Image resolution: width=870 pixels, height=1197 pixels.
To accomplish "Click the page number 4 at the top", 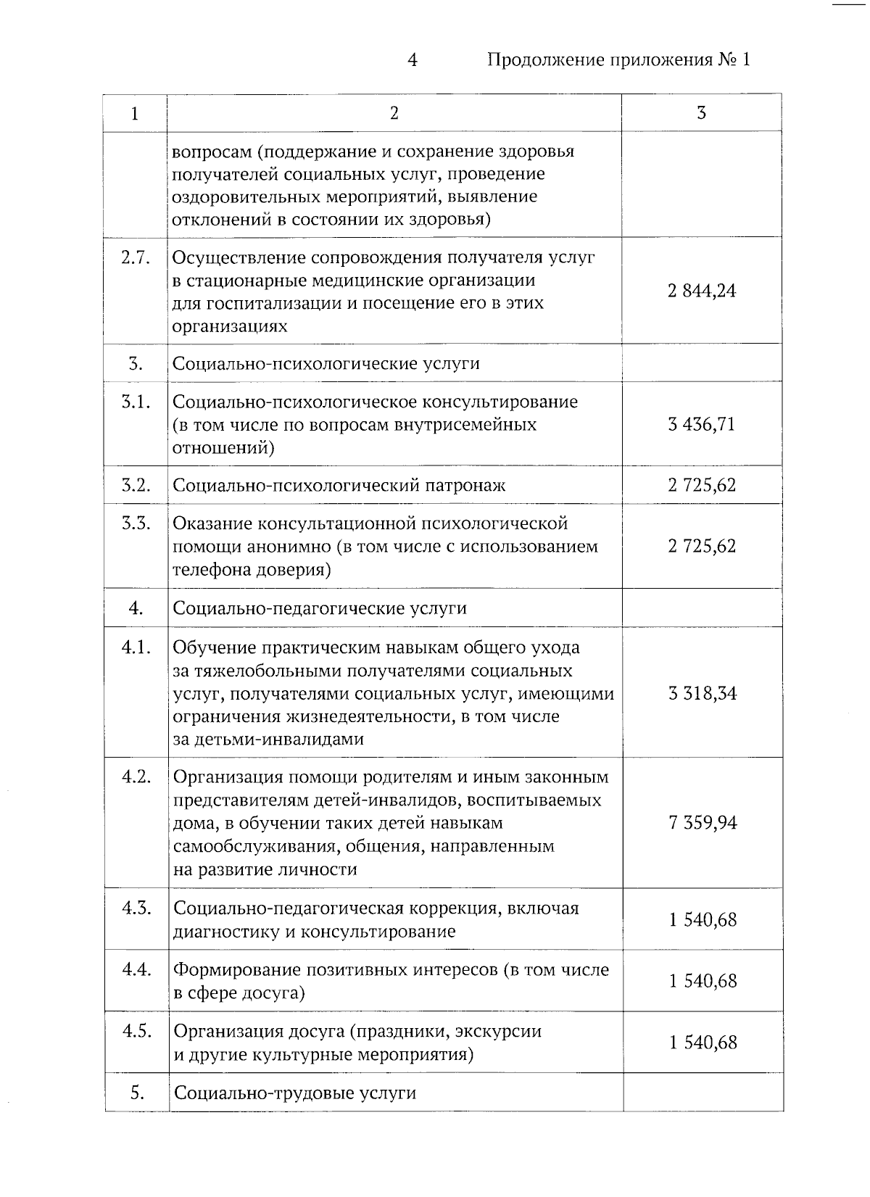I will click(412, 60).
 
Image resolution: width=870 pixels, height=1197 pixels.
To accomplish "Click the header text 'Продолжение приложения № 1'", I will click(618, 60).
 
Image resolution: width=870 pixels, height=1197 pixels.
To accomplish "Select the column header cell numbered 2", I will click(394, 113).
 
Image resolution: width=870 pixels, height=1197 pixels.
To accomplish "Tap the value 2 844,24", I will click(702, 291).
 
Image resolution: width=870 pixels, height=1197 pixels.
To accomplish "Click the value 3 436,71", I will click(702, 424).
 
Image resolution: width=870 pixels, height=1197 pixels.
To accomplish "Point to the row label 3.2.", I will click(136, 485).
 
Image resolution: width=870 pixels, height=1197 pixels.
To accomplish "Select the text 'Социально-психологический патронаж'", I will click(339, 486).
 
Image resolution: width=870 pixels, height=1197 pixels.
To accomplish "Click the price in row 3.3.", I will click(702, 546).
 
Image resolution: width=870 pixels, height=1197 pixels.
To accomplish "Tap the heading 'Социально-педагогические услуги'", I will click(320, 608).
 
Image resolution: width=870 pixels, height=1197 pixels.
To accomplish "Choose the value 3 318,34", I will click(702, 693).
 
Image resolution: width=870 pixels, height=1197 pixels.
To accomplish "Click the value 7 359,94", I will click(703, 823).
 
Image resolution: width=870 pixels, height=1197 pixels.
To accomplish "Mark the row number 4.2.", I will click(136, 777).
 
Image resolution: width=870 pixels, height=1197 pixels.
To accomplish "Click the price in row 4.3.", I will click(703, 920).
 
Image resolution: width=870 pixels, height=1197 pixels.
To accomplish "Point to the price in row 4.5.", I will click(703, 1043).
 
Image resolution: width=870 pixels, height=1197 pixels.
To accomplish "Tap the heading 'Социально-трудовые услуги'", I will click(295, 1093).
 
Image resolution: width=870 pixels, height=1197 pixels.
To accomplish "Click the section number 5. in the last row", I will click(138, 1093).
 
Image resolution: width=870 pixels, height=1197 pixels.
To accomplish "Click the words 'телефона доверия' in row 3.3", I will click(251, 570).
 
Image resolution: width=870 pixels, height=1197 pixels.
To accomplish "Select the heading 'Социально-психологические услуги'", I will click(326, 363).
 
